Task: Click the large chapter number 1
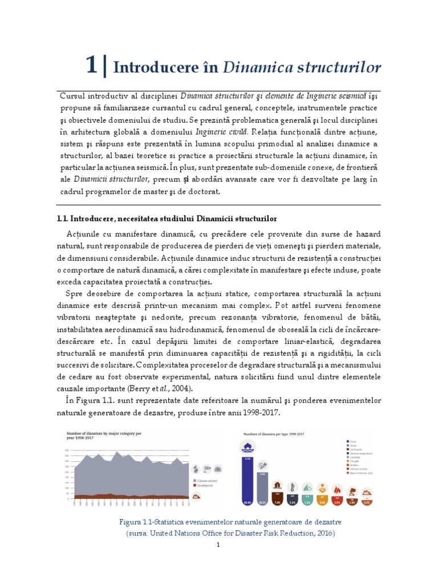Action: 91,66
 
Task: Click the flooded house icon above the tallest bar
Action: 248,448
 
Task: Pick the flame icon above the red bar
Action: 337,489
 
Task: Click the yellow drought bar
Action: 322,501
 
